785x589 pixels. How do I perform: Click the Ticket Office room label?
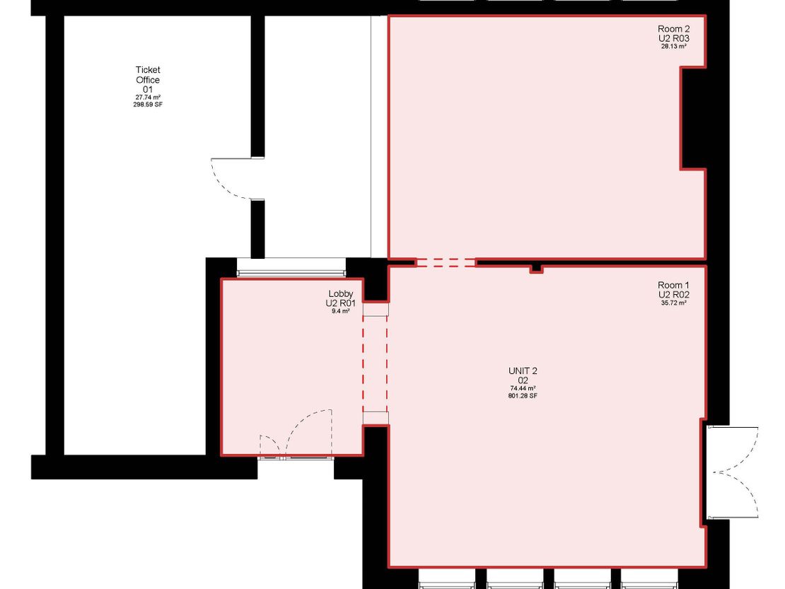[x=148, y=74]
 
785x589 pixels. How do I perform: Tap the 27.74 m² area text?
[x=148, y=98]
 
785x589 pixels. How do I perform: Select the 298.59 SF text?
[x=148, y=105]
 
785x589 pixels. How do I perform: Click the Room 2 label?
[x=673, y=29]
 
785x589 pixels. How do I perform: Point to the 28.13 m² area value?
[x=673, y=46]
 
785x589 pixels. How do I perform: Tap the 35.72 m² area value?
[x=673, y=303]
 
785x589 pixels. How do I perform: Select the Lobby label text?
[x=340, y=293]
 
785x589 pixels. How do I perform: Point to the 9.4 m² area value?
[x=340, y=311]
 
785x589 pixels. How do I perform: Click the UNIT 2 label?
[x=523, y=371]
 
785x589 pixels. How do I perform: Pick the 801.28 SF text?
[x=523, y=396]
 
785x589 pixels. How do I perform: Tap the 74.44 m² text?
[x=523, y=388]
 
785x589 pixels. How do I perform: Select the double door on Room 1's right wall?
[x=733, y=472]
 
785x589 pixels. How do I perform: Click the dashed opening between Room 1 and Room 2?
[x=446, y=262]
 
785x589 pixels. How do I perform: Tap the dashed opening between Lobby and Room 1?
[x=376, y=364]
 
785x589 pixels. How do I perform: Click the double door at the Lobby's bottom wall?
[x=296, y=433]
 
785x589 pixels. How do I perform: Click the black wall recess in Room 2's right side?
[x=693, y=118]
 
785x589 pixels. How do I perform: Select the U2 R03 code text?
[x=673, y=38]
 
